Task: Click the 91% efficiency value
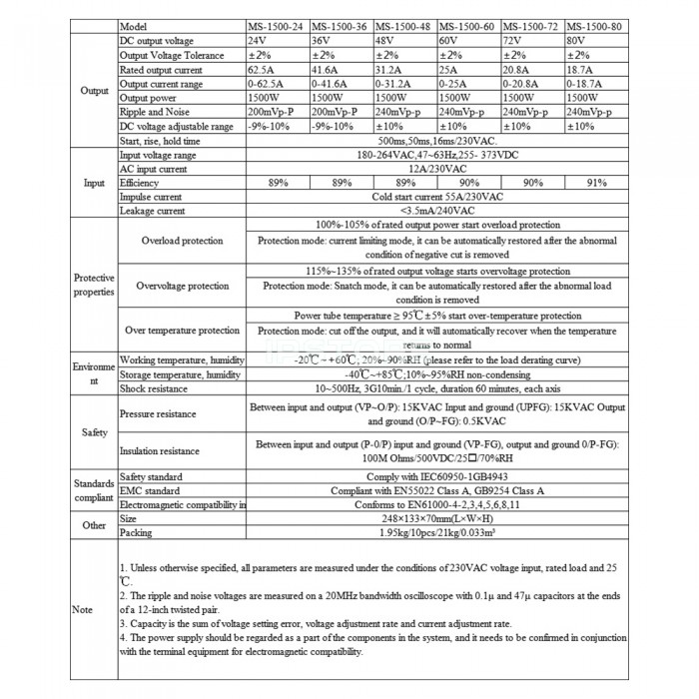point(596,184)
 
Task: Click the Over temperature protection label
point(178,331)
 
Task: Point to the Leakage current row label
point(149,212)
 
